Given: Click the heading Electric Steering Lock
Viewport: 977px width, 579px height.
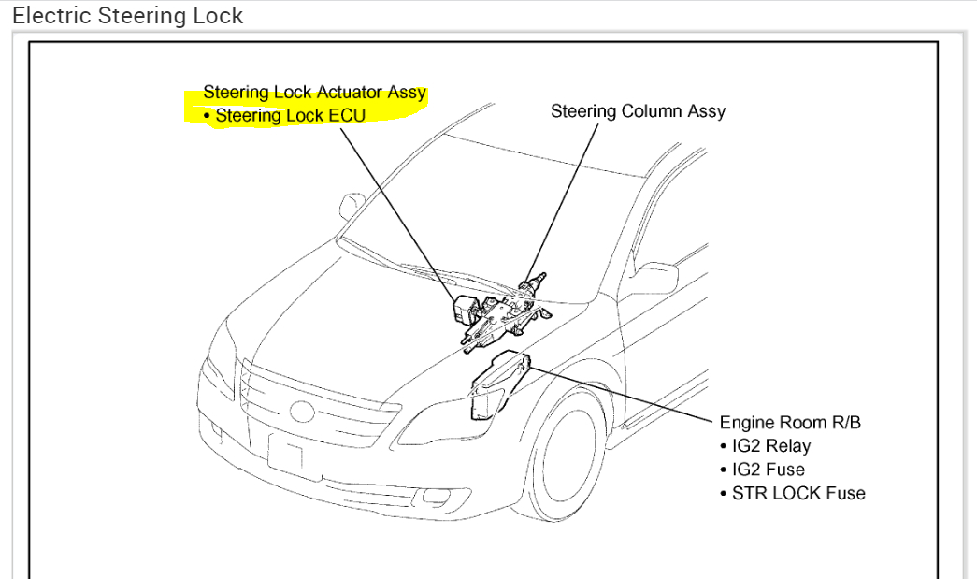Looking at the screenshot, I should coord(127,16).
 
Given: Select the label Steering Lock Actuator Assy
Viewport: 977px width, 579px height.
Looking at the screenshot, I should coord(314,93).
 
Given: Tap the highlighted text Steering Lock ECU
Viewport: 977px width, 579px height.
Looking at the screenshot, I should coord(290,116).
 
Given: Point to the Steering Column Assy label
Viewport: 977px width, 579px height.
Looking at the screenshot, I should coord(638,111).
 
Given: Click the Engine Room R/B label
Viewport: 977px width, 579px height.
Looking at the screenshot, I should coord(790,423).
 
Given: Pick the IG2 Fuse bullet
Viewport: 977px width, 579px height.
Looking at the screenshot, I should coord(762,470).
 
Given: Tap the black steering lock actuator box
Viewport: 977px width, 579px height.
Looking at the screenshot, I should coord(464,310).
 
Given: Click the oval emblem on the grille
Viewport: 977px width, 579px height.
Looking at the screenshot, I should coord(303,412).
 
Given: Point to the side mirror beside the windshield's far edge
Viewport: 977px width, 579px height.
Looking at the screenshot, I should coord(353,205).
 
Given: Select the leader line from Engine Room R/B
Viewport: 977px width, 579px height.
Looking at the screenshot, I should coord(626,393).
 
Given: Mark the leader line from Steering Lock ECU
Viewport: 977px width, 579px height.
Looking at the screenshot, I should coord(393,206).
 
